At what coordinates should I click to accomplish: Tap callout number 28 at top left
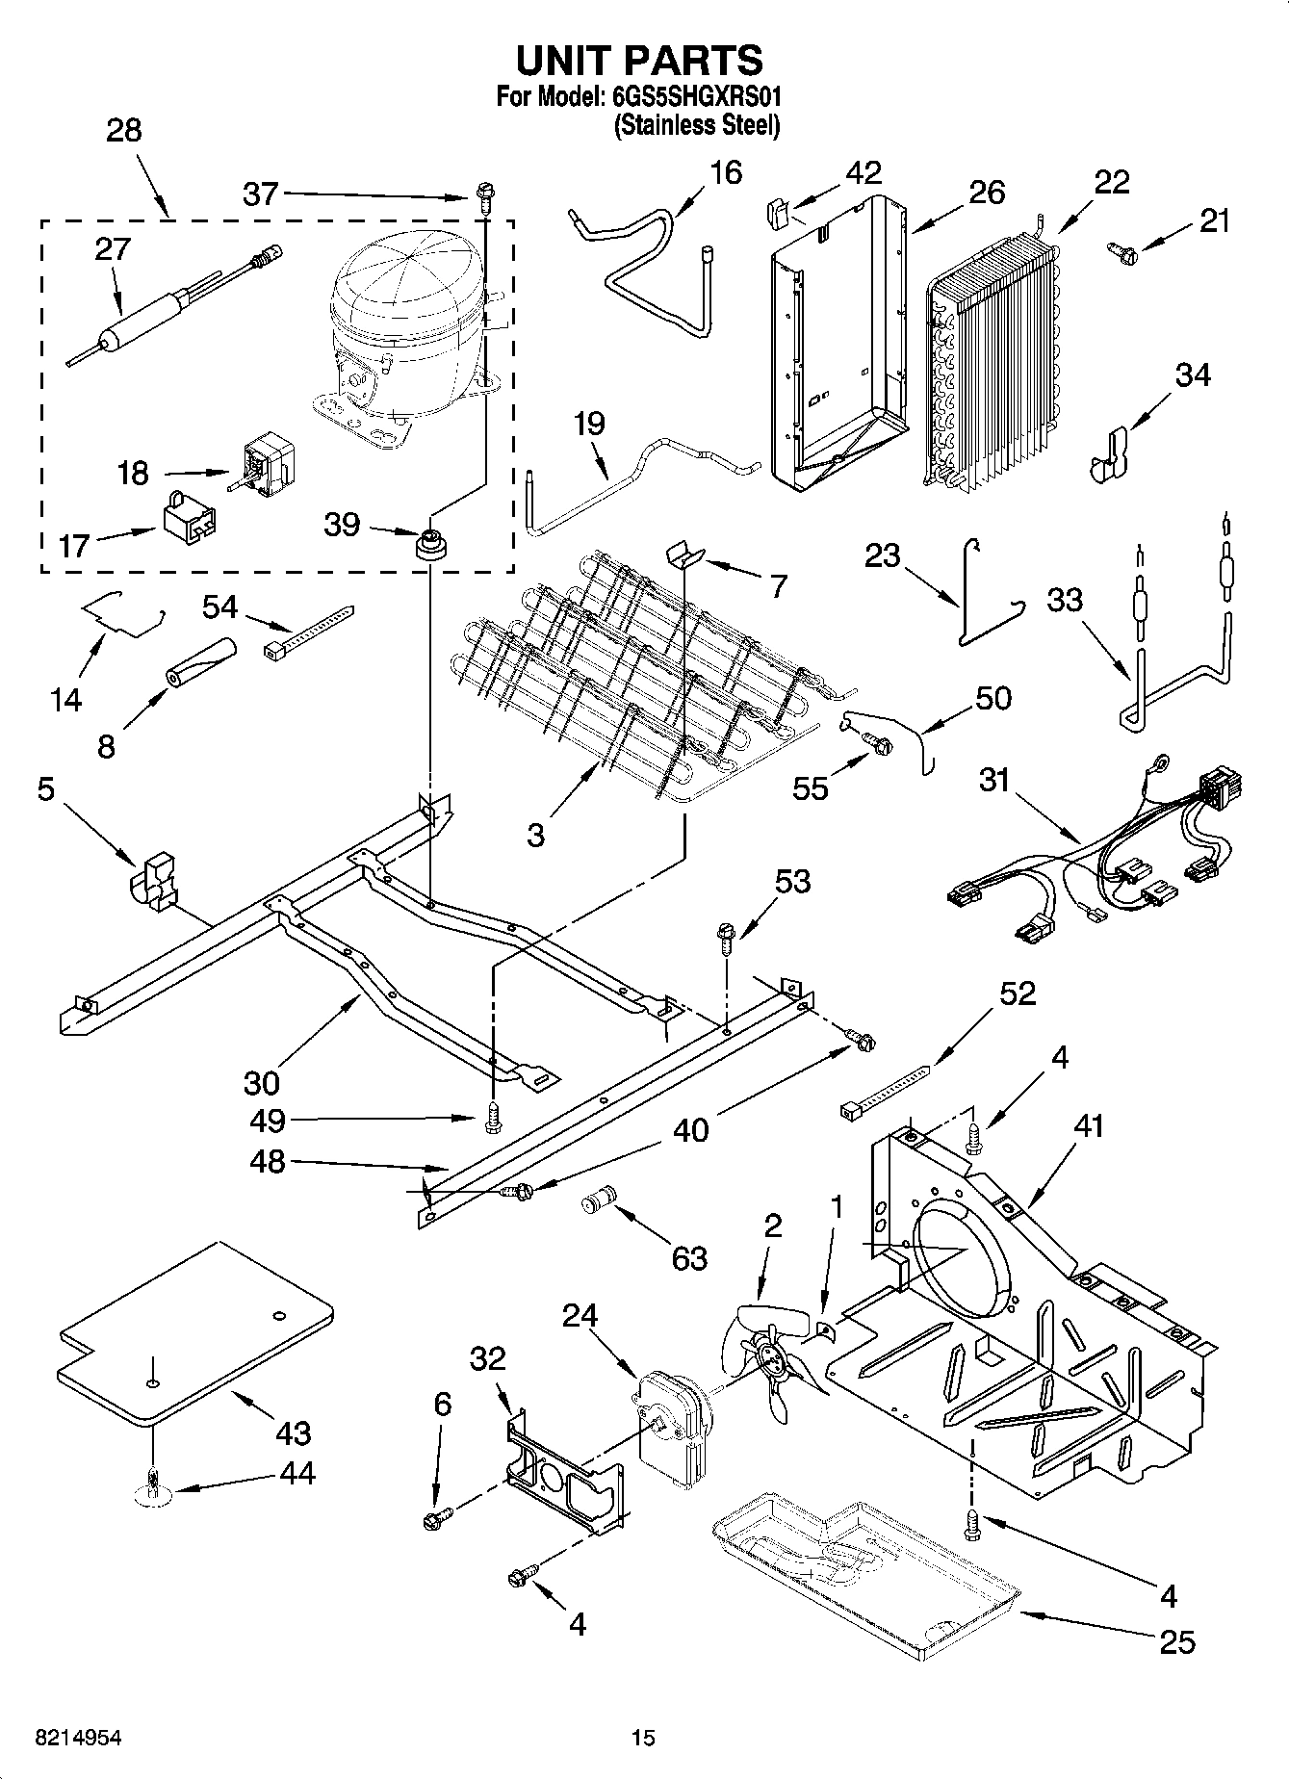point(123,131)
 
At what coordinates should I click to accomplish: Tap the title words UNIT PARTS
point(639,60)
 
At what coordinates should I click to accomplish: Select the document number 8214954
point(79,1738)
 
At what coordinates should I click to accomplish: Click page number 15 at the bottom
point(643,1738)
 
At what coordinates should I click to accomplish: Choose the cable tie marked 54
point(308,632)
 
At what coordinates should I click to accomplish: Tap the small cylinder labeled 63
point(599,1203)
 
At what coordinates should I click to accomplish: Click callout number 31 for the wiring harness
point(994,780)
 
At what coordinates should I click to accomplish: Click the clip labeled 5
point(154,878)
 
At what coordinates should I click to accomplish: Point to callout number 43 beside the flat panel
point(293,1432)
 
